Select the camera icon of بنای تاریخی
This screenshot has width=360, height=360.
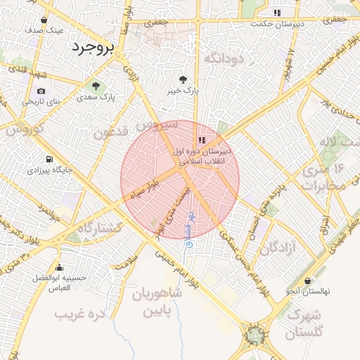pos(41,91)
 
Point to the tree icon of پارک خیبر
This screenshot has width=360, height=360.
pos(184,80)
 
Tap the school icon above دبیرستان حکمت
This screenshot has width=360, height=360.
pos(278,13)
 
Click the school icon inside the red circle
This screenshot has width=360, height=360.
pos(202,140)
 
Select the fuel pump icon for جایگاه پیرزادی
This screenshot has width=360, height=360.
pos(49,160)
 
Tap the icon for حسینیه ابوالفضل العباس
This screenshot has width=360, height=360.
pos(60,267)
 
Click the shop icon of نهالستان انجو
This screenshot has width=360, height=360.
pos(308,281)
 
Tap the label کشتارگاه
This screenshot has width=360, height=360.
pos(100,228)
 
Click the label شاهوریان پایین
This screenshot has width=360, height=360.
pos(155,302)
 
